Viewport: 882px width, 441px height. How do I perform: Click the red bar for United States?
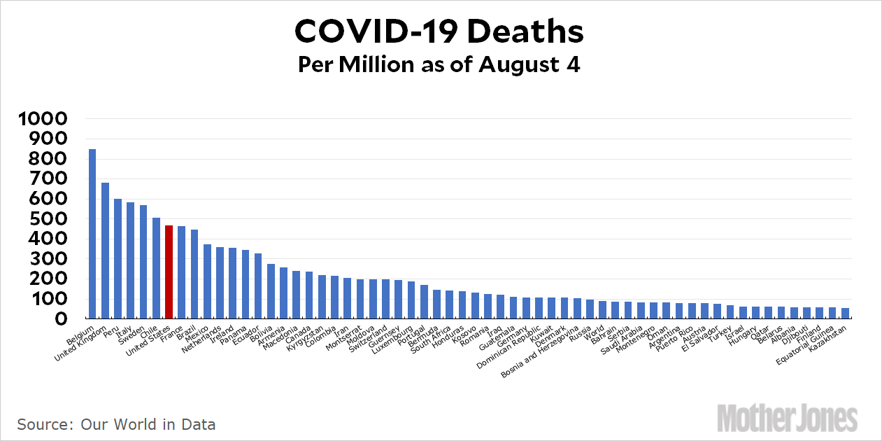[x=169, y=272]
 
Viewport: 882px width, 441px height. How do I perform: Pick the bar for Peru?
[x=118, y=259]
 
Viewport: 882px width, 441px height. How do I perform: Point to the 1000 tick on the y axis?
[x=43, y=119]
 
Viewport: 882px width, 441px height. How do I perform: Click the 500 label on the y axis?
[x=43, y=219]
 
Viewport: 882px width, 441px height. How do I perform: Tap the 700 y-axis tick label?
[x=43, y=179]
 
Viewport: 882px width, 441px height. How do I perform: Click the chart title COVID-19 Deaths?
[x=439, y=31]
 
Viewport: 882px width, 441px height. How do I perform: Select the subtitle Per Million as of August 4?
[x=439, y=64]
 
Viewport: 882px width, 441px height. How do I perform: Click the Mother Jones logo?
[x=788, y=418]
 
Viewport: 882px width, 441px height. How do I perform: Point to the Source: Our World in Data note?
[x=116, y=424]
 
